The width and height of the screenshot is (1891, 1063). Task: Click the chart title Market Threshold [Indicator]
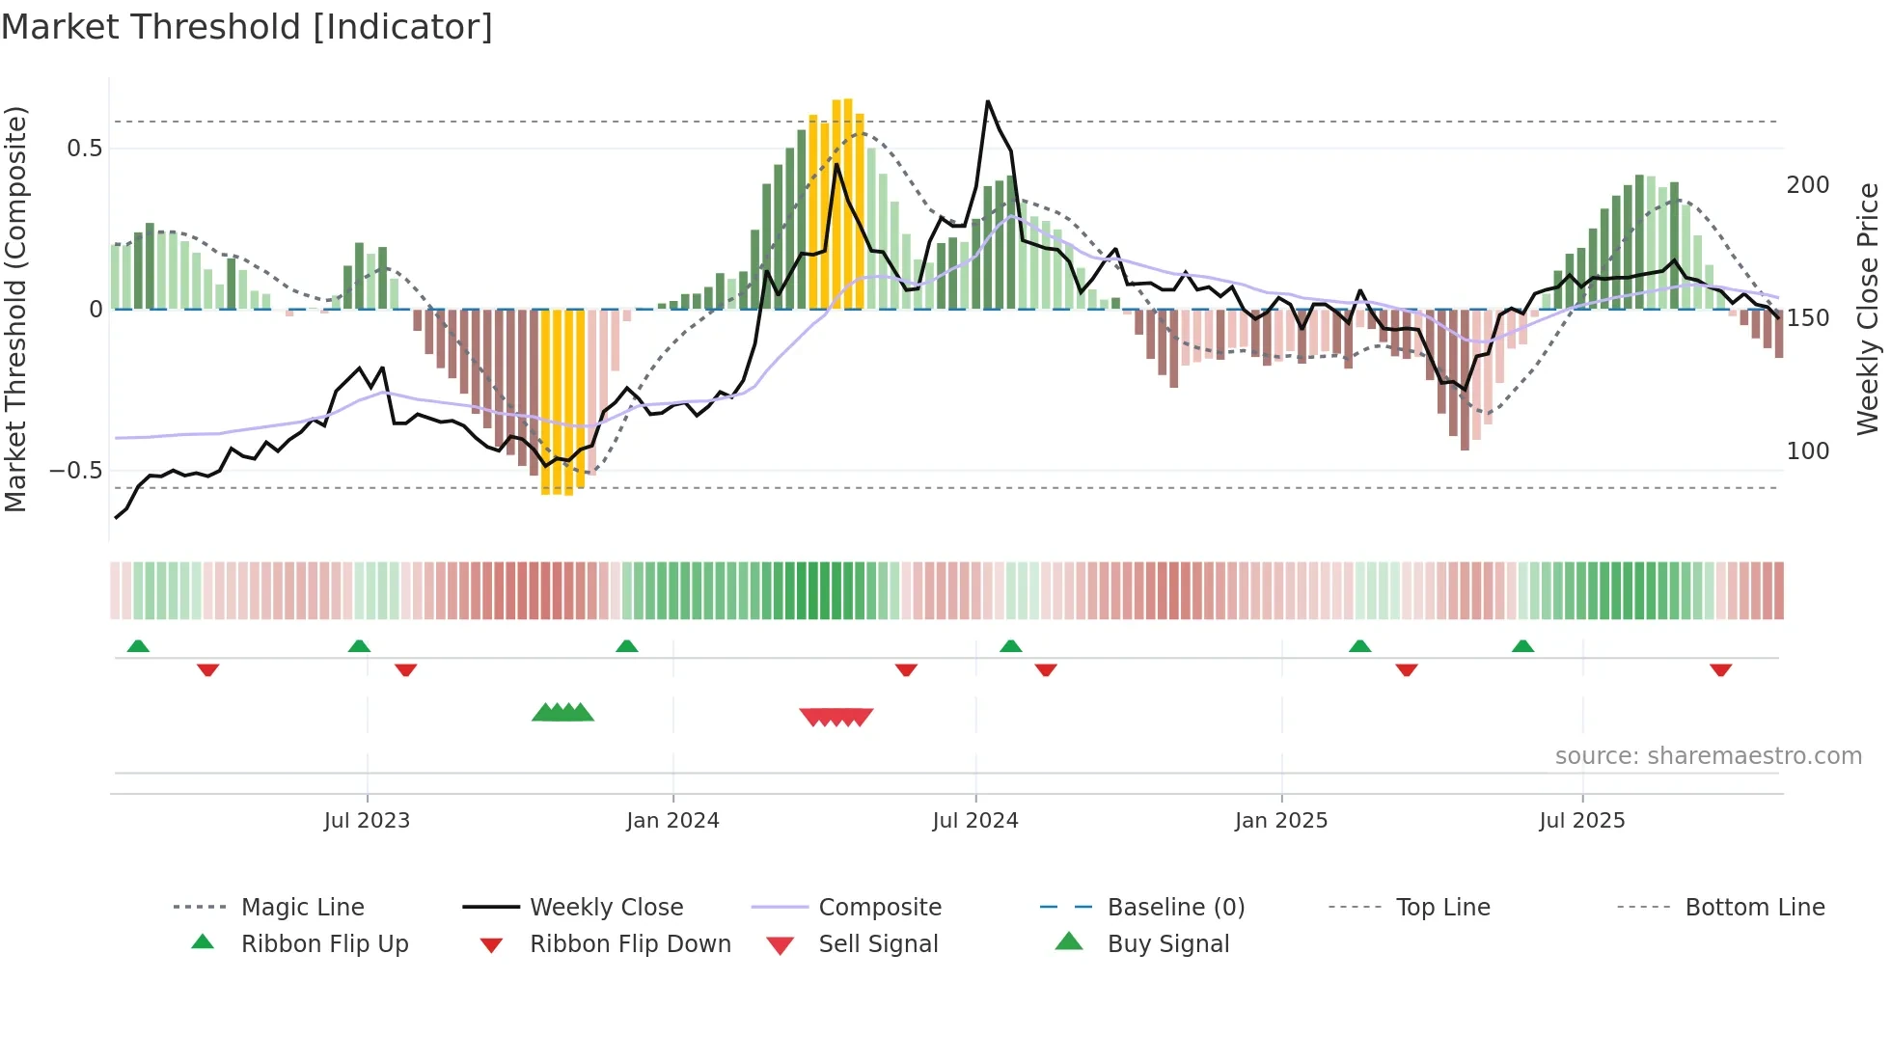point(247,27)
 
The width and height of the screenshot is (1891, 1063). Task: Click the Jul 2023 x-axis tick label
point(367,821)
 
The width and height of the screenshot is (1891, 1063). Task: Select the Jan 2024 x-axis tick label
point(672,821)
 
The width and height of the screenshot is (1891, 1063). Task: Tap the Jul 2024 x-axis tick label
point(975,821)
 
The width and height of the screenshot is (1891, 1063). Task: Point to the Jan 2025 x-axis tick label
point(1281,821)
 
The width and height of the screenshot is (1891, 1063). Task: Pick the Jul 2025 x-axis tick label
point(1582,821)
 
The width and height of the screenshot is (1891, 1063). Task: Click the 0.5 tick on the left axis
point(84,149)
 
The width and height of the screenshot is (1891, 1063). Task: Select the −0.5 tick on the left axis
point(76,471)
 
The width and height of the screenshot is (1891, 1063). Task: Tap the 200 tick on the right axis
point(1808,185)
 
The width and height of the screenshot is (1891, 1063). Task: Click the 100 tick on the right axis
point(1808,451)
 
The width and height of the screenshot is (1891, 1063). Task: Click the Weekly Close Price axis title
point(1868,309)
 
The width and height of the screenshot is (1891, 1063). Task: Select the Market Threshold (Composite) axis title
point(16,309)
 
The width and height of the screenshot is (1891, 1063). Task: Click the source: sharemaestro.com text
point(1708,756)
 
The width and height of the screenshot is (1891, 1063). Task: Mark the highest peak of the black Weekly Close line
point(988,101)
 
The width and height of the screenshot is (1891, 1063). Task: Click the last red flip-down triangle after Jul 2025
point(1720,669)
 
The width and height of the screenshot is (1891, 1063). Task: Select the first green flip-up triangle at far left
point(138,645)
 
